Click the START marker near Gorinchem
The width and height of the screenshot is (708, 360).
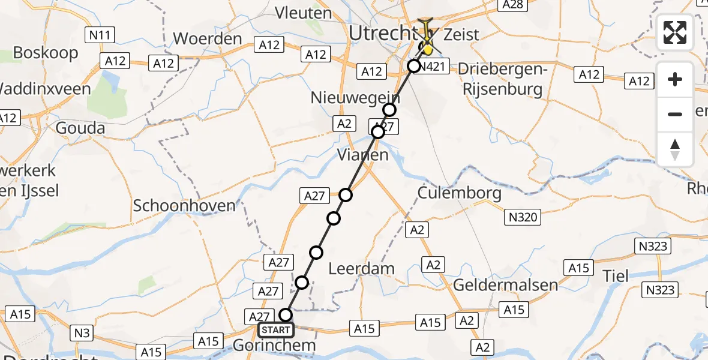tap(276, 330)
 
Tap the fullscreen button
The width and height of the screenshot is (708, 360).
tap(675, 32)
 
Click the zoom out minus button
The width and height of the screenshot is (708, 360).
tap(675, 114)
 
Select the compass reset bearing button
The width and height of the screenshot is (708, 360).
tap(675, 149)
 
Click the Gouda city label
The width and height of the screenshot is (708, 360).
tap(80, 128)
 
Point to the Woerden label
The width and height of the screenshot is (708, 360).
tap(207, 39)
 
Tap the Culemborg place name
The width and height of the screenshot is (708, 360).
tap(459, 193)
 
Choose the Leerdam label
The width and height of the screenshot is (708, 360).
tap(362, 269)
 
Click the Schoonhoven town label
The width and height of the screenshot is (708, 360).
tap(184, 206)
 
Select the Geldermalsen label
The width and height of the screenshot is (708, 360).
tap(506, 284)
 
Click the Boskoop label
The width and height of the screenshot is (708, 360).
tap(46, 53)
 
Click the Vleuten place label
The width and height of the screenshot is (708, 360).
tap(303, 13)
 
